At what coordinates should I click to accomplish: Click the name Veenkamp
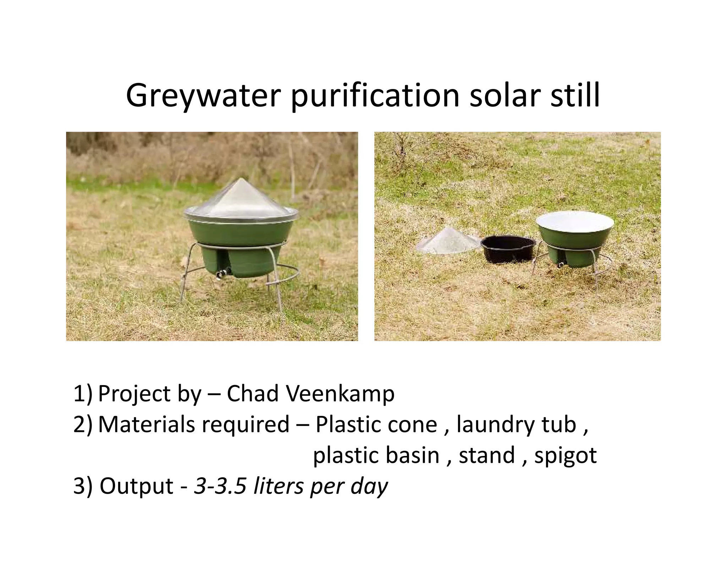tap(340, 394)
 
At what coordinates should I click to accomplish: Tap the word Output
tap(136, 486)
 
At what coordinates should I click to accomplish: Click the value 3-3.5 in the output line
tap(220, 486)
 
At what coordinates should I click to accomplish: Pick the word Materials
tap(146, 424)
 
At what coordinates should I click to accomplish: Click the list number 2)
tap(82, 424)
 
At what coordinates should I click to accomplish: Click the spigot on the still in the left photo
tap(221, 273)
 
